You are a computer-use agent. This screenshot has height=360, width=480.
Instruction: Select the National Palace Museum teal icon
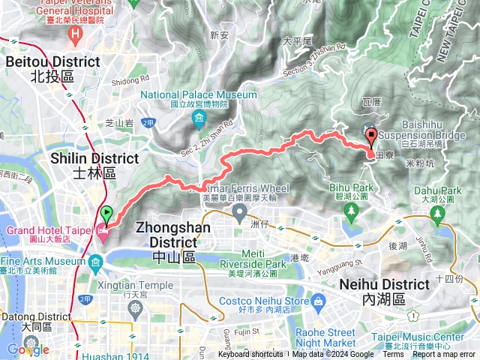tap(199, 119)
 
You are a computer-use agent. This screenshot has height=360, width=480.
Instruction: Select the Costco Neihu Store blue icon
tap(319, 301)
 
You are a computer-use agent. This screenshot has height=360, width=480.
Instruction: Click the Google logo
tap(28, 349)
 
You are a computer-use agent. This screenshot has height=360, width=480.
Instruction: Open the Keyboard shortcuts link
tap(250, 355)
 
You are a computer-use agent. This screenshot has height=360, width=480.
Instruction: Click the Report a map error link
tap(445, 355)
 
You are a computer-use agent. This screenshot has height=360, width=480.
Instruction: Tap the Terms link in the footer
tap(392, 355)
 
